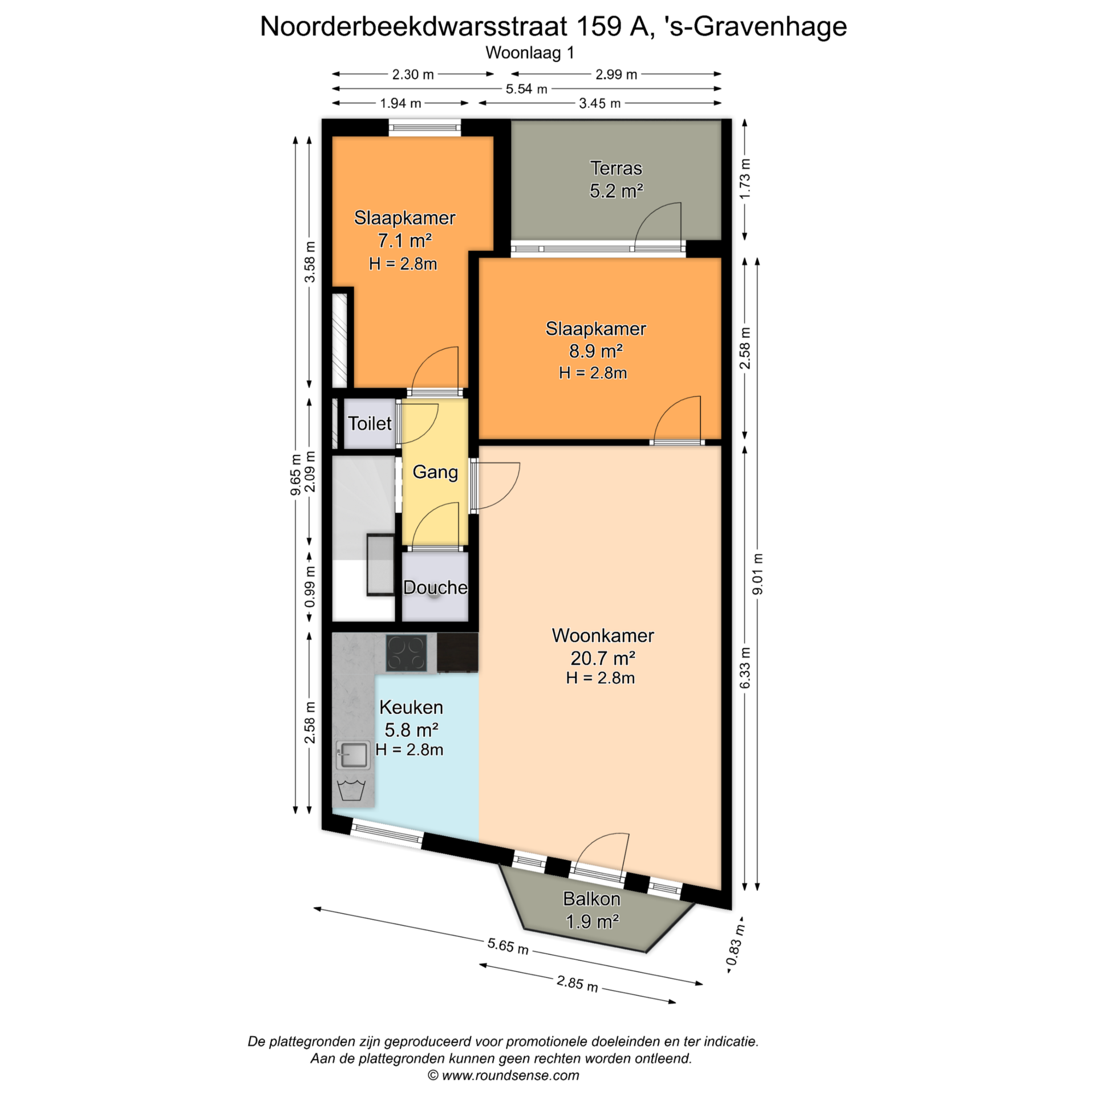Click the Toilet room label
click(x=370, y=423)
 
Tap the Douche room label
click(x=435, y=587)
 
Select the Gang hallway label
click(x=435, y=472)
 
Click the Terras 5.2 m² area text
click(x=617, y=190)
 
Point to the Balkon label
click(x=591, y=899)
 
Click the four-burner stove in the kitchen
click(x=406, y=653)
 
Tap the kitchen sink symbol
click(x=353, y=755)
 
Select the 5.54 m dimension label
click(x=526, y=89)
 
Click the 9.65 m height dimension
click(x=295, y=474)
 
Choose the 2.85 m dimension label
click(x=577, y=983)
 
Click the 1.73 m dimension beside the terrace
click(x=745, y=179)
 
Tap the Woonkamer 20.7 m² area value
click(x=603, y=658)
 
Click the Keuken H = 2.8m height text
click(x=409, y=749)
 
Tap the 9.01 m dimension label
click(x=757, y=574)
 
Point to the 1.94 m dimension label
click(x=400, y=103)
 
